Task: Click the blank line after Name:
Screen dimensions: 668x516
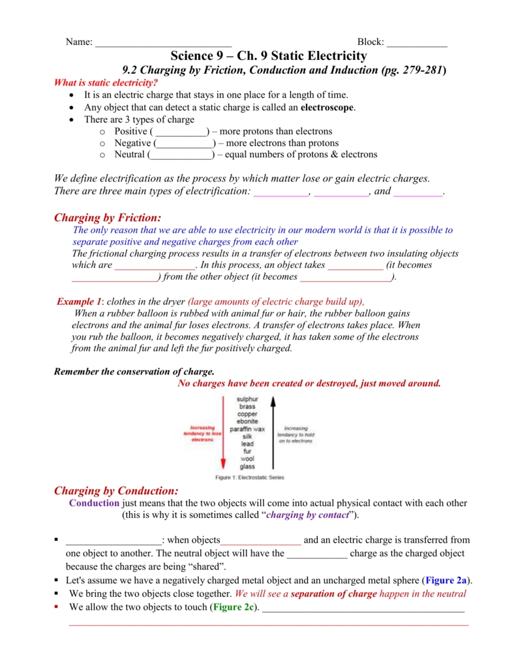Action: pos(163,42)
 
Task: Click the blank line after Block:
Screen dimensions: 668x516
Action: pos(417,42)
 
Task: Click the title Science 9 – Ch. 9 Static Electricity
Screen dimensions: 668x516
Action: pos(268,56)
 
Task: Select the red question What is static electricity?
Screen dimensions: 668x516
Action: pos(106,83)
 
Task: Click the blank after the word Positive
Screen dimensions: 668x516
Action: pos(179,131)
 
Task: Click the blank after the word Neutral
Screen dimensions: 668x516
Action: pos(181,155)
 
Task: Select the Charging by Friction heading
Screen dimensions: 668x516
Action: pos(107,217)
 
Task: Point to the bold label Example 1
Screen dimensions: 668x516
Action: pos(79,301)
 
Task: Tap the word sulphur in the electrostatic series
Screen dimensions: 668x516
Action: pos(247,399)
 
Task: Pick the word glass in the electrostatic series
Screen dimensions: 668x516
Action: pos(247,466)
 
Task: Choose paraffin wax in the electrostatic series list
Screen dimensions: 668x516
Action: pos(247,429)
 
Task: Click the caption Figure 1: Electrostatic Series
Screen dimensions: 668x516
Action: pos(250,478)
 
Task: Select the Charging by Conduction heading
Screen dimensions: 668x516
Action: pos(115,491)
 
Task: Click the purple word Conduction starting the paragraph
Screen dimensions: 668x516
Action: pos(94,503)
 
